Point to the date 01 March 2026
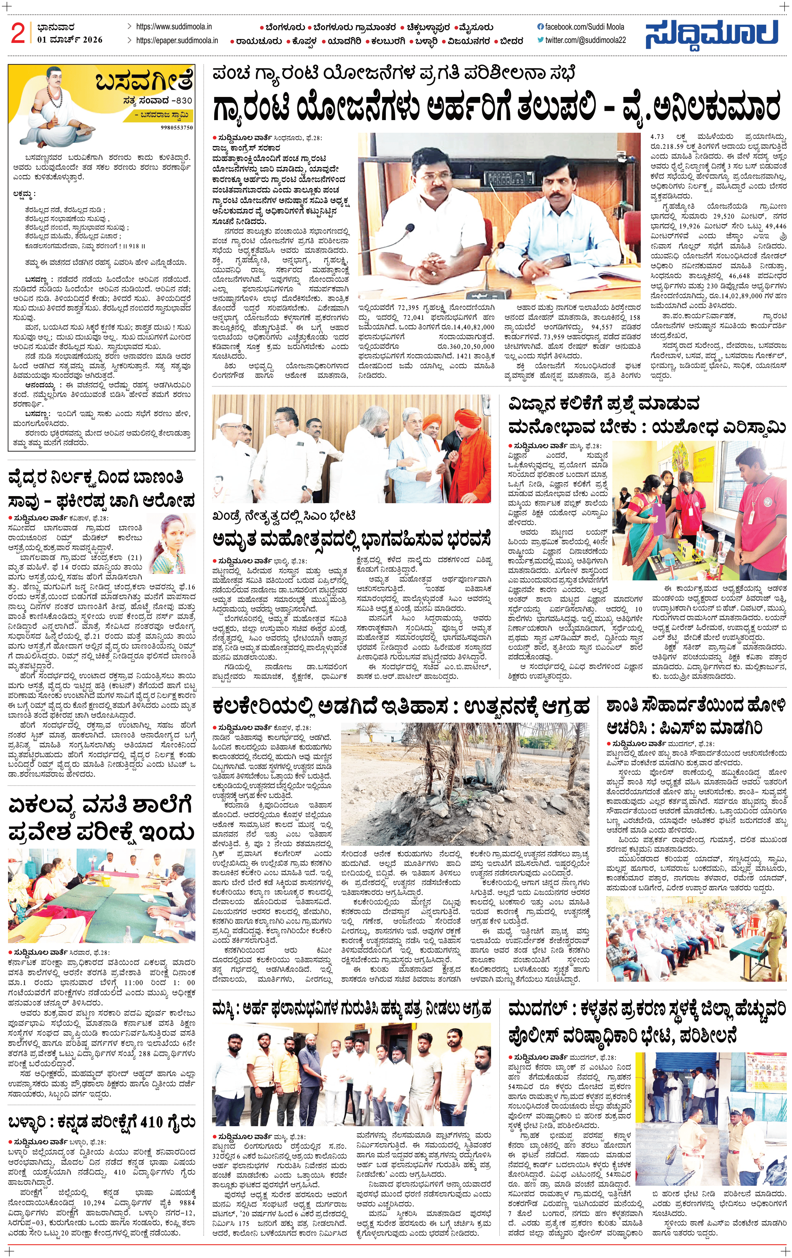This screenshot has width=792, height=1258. click(x=69, y=40)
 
